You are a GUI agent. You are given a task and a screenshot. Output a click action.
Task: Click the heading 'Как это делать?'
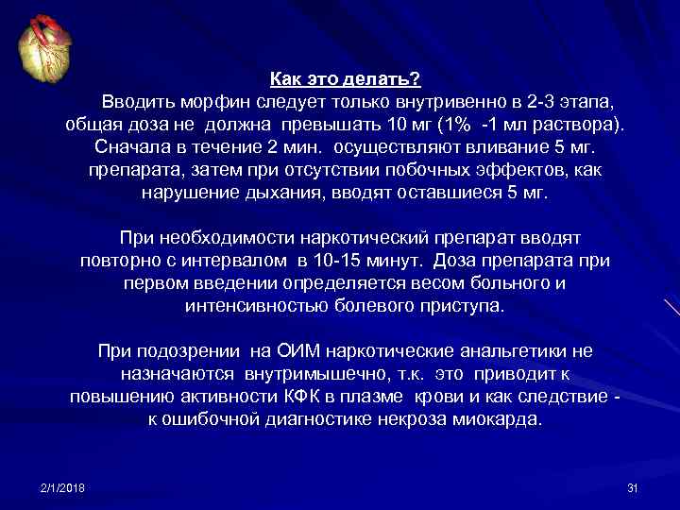coord(345,79)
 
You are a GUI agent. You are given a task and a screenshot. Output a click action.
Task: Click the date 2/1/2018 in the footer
coord(62,486)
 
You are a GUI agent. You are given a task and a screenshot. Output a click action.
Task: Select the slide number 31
coord(633,486)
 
